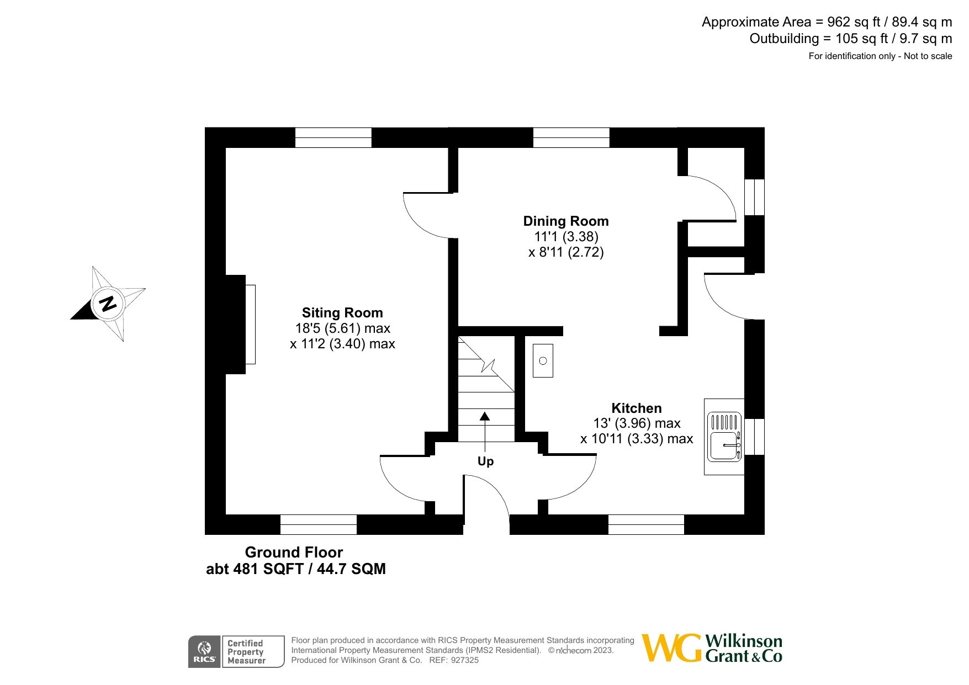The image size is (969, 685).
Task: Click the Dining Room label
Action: tap(566, 221)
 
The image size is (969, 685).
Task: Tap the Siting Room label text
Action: tap(342, 313)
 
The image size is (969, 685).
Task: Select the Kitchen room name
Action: tap(636, 408)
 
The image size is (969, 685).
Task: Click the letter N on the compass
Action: tap(107, 304)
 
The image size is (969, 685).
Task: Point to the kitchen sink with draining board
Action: tap(724, 437)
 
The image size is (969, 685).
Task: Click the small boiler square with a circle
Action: tap(543, 361)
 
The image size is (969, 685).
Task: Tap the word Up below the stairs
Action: tap(485, 461)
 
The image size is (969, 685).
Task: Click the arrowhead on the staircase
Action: tap(485, 416)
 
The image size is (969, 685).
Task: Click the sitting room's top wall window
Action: tap(333, 137)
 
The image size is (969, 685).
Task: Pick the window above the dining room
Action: tap(571, 137)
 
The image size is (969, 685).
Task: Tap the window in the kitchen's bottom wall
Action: tap(646, 524)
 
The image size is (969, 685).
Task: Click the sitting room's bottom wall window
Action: tap(319, 524)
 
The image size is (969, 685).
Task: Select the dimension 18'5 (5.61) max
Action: tap(342, 328)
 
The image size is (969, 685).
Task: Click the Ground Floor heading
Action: tap(294, 553)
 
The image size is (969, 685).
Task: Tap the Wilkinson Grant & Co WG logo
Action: tap(671, 648)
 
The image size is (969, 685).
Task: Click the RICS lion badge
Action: tap(204, 652)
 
